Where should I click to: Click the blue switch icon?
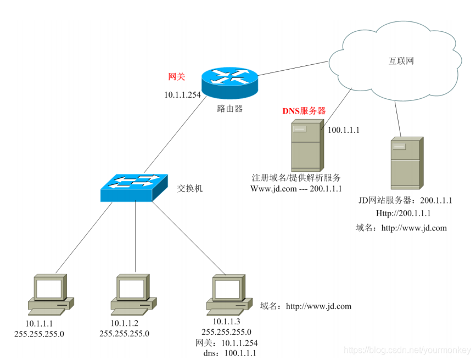click(135, 187)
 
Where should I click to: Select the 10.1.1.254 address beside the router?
click(182, 95)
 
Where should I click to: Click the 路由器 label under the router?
click(229, 109)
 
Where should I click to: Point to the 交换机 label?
click(190, 188)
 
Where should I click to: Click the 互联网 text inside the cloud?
click(401, 61)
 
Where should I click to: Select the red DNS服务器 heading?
click(304, 111)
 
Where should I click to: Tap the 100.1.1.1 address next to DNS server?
click(344, 130)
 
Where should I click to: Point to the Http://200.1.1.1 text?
click(404, 213)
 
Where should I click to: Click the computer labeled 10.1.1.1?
click(51, 293)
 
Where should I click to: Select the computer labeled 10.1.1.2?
click(133, 293)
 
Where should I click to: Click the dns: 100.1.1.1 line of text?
click(229, 353)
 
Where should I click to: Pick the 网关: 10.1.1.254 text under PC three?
click(227, 343)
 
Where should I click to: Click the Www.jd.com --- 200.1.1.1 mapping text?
click(296, 189)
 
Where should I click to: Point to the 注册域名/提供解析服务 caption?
click(296, 178)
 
